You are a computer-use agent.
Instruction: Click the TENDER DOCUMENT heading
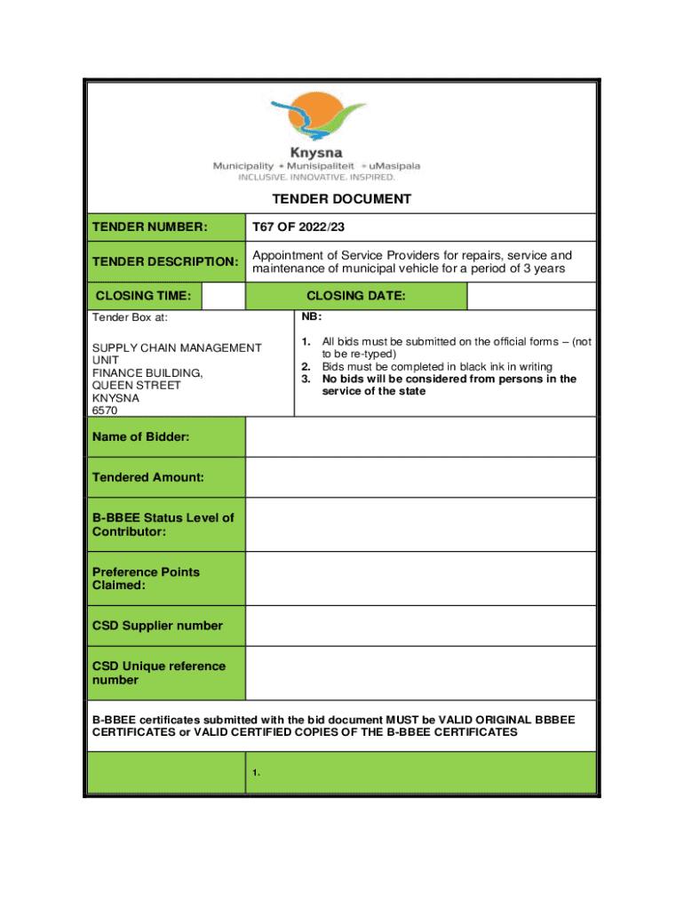click(342, 199)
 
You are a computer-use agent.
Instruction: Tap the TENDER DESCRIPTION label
click(165, 262)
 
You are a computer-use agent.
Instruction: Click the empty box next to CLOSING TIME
click(223, 296)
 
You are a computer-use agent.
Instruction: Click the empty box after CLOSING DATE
click(531, 296)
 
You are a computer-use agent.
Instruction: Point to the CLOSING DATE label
click(355, 296)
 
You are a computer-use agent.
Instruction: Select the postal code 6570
click(105, 411)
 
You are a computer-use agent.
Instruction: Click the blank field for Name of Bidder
click(420, 437)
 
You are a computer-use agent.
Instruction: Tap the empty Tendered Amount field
click(420, 477)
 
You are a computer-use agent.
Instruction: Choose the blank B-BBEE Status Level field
click(420, 524)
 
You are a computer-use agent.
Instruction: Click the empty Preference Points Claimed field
click(420, 579)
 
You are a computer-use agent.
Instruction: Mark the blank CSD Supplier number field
click(420, 626)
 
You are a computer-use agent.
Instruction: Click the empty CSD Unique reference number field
click(420, 673)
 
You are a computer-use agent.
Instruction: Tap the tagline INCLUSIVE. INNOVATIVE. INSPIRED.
click(315, 177)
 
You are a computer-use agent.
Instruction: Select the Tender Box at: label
click(130, 317)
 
